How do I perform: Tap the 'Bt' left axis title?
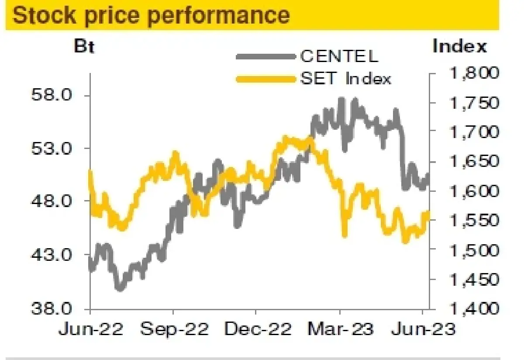click(84, 46)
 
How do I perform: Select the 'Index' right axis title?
click(459, 46)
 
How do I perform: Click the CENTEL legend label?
click(339, 56)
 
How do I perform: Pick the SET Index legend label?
click(345, 79)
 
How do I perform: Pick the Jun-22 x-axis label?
click(91, 329)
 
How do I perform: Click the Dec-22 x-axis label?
click(257, 329)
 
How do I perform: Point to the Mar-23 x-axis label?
click(340, 329)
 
